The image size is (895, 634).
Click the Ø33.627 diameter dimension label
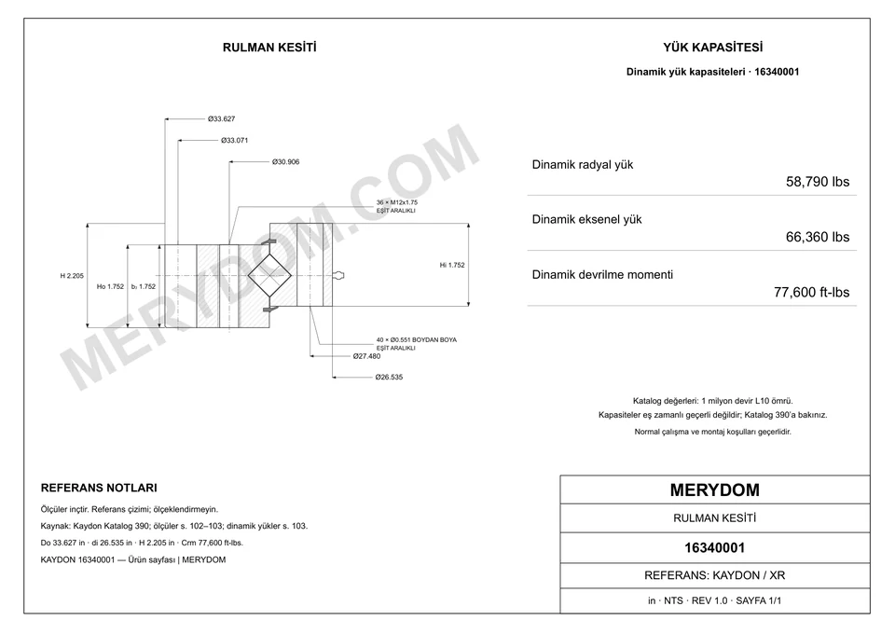pos(222,119)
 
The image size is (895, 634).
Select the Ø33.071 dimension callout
pos(235,141)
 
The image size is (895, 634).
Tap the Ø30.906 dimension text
pos(285,162)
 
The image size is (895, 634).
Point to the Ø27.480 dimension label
pos(366,356)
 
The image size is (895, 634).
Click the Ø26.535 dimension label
pos(389,378)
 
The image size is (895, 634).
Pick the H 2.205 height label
pos(72,276)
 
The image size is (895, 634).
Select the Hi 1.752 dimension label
pos(452,265)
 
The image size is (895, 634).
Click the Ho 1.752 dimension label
pos(110,286)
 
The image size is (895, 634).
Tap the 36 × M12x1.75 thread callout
pos(397,202)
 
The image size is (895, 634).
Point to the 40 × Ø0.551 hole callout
pos(416,340)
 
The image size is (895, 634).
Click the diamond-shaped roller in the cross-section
pos(269,276)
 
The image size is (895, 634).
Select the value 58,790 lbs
pos(818,182)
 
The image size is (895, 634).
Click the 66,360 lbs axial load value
pos(818,237)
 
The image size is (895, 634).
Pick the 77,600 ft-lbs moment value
pos(811,292)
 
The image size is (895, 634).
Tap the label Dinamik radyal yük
pos(583,165)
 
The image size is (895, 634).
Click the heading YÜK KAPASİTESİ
pos(713,48)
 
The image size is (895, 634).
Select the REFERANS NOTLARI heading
pos(99,488)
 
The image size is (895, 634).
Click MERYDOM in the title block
pos(715,490)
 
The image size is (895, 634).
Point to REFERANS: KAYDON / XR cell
pos(715,575)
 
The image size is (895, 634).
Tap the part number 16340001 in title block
pos(715,548)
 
